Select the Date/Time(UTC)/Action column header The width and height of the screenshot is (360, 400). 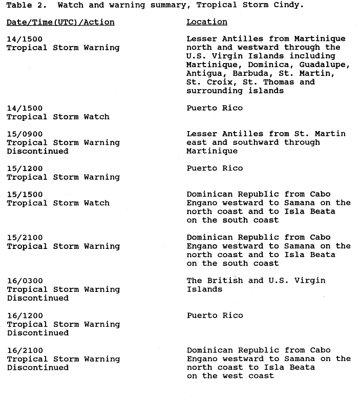click(x=60, y=23)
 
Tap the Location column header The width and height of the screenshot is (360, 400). click(x=206, y=22)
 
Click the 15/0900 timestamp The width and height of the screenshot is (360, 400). click(x=24, y=134)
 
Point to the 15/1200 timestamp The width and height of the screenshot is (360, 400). click(x=24, y=169)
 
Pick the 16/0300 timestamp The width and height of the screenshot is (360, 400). click(x=24, y=281)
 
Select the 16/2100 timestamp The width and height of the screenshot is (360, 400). click(x=24, y=350)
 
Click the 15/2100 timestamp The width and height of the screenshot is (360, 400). click(x=24, y=238)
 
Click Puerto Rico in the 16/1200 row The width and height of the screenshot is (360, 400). click(x=215, y=315)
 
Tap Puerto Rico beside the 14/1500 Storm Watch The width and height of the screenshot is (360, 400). click(x=215, y=108)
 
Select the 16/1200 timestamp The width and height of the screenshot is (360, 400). click(x=24, y=315)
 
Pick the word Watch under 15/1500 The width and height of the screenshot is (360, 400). click(x=97, y=203)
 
